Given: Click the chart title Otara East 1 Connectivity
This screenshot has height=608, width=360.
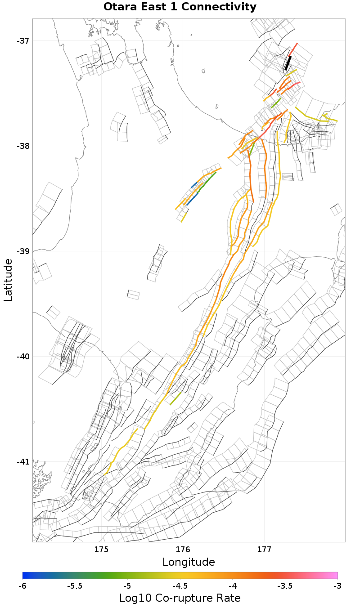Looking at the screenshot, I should [180, 7].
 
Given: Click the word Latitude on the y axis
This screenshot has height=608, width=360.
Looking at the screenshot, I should [8, 280].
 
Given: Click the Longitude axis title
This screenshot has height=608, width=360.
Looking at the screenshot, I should [189, 562].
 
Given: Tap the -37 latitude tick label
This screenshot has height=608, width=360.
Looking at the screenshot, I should [23, 41].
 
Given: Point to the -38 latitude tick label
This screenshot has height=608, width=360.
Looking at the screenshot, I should [23, 146].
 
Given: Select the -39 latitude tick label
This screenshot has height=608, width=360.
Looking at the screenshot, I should [23, 251].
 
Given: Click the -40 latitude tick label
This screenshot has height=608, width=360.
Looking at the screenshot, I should [23, 357].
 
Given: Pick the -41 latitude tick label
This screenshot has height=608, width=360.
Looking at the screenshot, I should [23, 462].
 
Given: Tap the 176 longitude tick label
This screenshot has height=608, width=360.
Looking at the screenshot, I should [183, 550].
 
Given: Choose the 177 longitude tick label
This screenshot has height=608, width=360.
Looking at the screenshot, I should [264, 550].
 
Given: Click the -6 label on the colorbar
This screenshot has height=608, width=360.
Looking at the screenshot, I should [23, 586].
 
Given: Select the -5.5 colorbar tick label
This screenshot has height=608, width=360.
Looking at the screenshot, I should [75, 586].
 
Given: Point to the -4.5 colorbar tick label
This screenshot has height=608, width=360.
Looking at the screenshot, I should [180, 586].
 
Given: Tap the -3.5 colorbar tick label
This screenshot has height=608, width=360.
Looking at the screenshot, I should [285, 586].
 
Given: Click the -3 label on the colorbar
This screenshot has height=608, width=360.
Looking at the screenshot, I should [337, 586].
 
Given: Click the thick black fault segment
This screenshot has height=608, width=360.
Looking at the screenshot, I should [288, 63].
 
